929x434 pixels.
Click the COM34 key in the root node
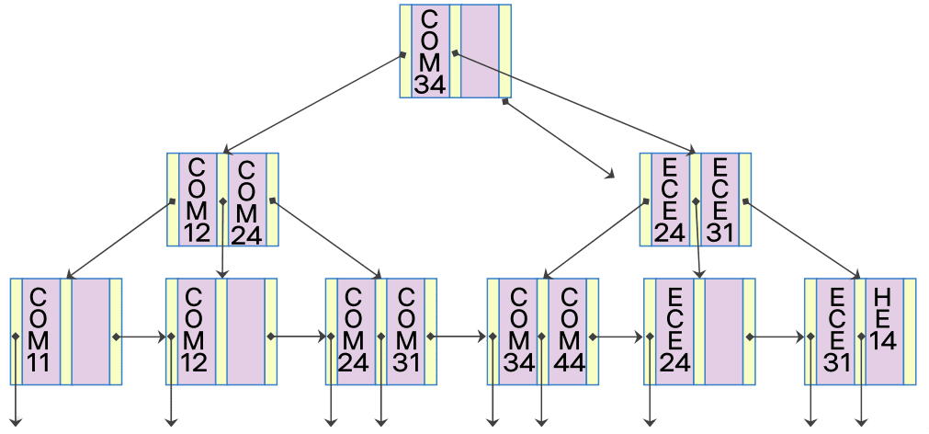(x=430, y=51)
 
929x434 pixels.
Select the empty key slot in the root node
(x=480, y=51)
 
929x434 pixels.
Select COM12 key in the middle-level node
(x=197, y=199)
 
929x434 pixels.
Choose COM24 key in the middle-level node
(x=246, y=199)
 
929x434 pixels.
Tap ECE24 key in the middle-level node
(x=670, y=199)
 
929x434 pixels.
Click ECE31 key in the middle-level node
(x=720, y=199)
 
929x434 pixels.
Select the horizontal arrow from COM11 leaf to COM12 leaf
(x=142, y=337)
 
